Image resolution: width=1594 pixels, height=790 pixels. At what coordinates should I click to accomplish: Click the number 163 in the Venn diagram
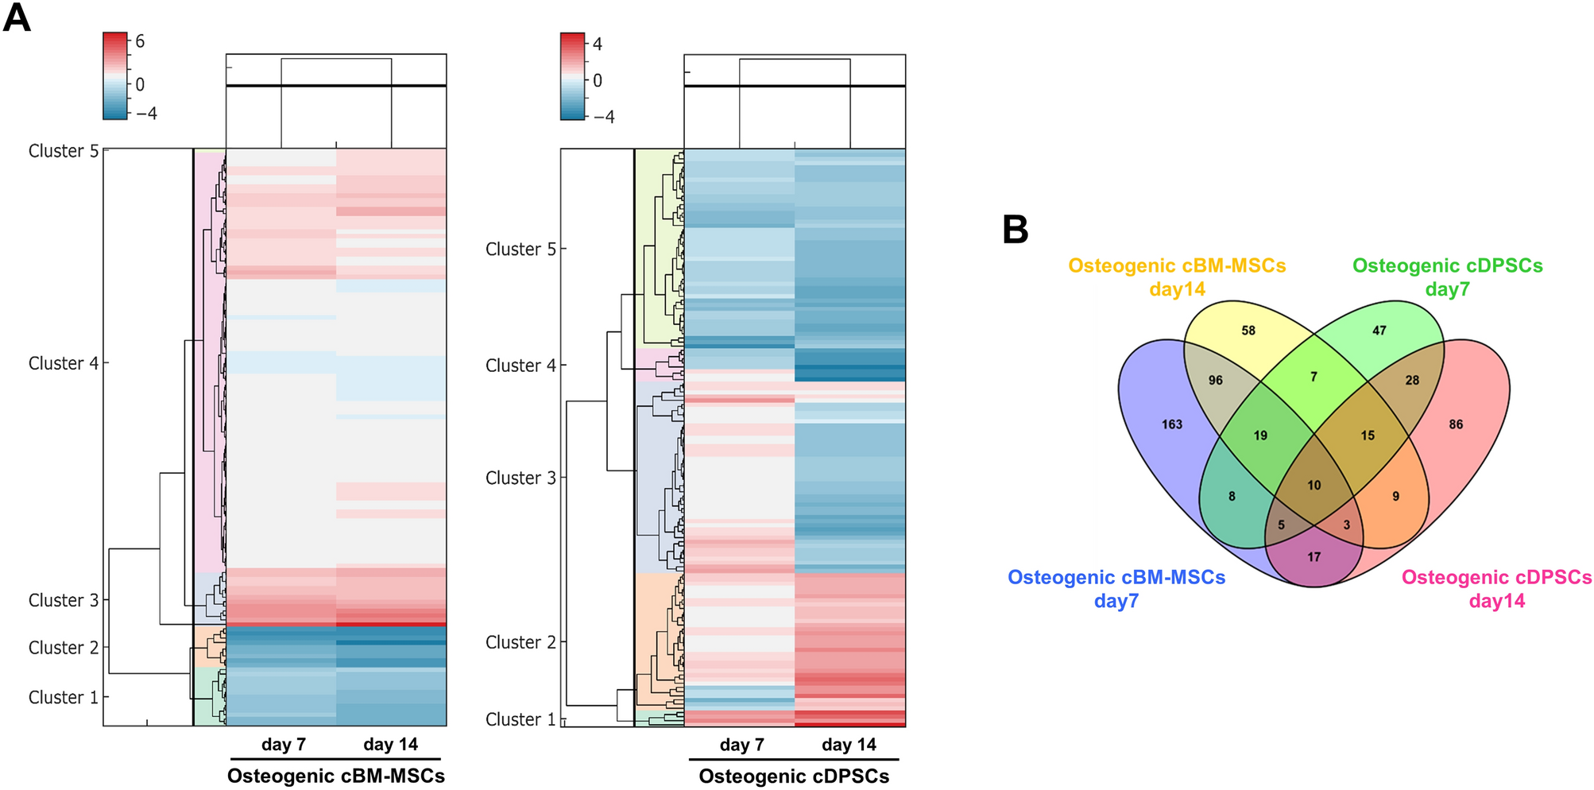[1171, 424]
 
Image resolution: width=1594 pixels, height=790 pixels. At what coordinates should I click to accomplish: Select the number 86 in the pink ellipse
[1455, 424]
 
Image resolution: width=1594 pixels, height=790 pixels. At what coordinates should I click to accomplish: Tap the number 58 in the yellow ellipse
[1248, 331]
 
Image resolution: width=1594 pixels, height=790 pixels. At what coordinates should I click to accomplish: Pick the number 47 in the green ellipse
[1379, 331]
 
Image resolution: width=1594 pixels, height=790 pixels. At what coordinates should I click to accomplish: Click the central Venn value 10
[1314, 485]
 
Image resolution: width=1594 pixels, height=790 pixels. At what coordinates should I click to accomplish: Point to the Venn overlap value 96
[1215, 381]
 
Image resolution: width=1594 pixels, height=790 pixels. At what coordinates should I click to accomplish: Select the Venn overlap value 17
[1314, 557]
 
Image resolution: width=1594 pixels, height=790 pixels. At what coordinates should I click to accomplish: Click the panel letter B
[1015, 230]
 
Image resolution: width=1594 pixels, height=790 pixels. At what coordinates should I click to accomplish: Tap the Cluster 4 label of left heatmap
[64, 363]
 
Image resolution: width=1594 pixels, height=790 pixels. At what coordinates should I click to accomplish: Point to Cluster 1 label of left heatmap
[64, 697]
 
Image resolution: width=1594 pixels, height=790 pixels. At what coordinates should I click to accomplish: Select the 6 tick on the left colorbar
[140, 41]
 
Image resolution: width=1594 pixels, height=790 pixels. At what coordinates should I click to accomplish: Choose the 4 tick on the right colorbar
[597, 45]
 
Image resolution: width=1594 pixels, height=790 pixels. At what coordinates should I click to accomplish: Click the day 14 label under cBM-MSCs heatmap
[390, 745]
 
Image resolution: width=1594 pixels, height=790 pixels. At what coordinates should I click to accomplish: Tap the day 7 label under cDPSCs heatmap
[741, 745]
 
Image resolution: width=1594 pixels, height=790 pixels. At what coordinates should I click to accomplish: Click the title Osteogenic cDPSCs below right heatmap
[794, 776]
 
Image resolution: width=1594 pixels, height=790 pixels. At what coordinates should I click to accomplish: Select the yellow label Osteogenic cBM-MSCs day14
[1176, 277]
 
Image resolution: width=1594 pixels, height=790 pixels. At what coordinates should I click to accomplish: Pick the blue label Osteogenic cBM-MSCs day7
[1116, 589]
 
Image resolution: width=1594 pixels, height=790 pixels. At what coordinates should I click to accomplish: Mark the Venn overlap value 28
[1411, 381]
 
